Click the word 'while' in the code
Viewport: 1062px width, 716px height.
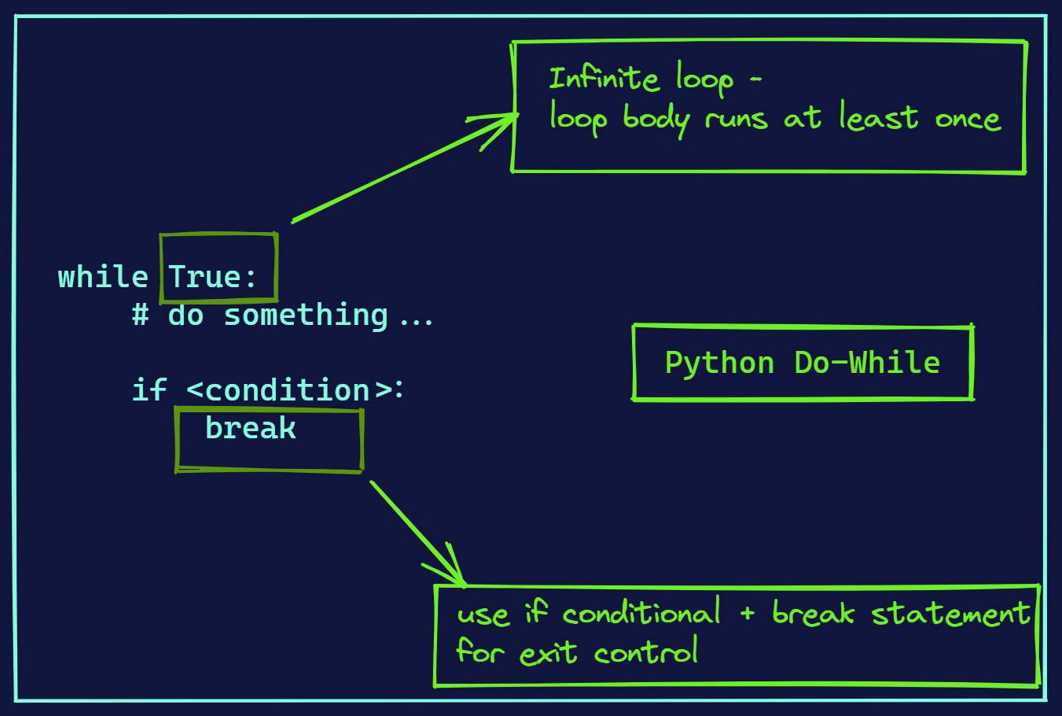pyautogui.click(x=102, y=277)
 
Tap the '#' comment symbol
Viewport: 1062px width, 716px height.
pyautogui.click(x=141, y=316)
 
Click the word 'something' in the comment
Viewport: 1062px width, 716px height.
pyautogui.click(x=306, y=316)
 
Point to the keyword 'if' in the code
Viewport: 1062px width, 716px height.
pyautogui.click(x=149, y=389)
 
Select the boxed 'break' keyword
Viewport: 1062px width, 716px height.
pyautogui.click(x=251, y=428)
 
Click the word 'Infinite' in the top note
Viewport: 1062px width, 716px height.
pyautogui.click(x=604, y=79)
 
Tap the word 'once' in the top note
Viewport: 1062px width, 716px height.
pyautogui.click(x=967, y=120)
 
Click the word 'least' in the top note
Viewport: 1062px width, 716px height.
pyautogui.click(x=878, y=118)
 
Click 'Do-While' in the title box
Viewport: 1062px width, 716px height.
pyautogui.click(x=867, y=363)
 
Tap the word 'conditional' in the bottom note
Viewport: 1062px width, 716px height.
pyautogui.click(x=641, y=614)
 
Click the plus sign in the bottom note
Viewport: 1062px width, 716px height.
pyautogui.click(x=747, y=613)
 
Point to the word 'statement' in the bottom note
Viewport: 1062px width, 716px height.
pyautogui.click(x=950, y=614)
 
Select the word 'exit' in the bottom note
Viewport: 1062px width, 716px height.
pyautogui.click(x=548, y=653)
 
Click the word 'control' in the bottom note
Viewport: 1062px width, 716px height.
pyautogui.click(x=645, y=653)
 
